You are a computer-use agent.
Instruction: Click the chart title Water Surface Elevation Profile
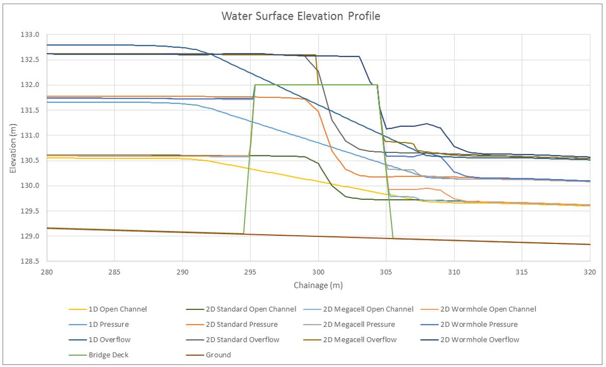(301, 16)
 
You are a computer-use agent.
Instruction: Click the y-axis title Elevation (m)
(13, 148)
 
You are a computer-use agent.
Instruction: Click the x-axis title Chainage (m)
(318, 286)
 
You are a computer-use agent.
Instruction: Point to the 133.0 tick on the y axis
(30, 35)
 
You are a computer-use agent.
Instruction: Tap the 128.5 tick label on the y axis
(30, 261)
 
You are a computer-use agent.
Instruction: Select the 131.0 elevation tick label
(30, 135)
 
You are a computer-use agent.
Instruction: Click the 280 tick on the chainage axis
(47, 272)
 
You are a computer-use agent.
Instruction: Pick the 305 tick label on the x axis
(386, 272)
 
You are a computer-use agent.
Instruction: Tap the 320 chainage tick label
(590, 272)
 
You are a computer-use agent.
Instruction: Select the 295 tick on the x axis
(250, 272)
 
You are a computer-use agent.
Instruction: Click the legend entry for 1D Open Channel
(108, 309)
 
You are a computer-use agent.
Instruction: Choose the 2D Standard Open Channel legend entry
(241, 309)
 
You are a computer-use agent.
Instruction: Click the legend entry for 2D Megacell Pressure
(349, 324)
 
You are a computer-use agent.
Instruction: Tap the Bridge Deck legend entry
(98, 355)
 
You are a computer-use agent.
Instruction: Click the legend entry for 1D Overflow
(100, 340)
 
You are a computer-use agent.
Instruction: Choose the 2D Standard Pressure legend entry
(232, 324)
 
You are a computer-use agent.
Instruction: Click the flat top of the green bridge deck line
(316, 85)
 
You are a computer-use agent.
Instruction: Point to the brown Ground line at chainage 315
(522, 242)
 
